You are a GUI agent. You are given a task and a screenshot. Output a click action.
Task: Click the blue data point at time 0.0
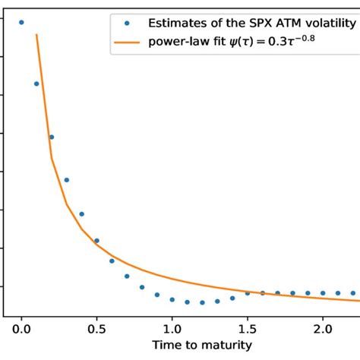(21, 23)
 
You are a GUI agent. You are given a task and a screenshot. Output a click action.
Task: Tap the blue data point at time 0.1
(36, 84)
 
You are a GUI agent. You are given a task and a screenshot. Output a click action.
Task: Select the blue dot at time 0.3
(67, 180)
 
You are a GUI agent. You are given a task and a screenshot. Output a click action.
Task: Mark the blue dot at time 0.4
(82, 214)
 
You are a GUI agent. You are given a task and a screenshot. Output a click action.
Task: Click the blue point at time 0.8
(142, 287)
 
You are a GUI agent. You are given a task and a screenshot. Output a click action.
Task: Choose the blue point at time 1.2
(202, 302)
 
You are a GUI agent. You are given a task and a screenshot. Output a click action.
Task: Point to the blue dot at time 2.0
(323, 292)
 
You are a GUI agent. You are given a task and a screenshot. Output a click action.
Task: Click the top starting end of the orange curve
(36, 35)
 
